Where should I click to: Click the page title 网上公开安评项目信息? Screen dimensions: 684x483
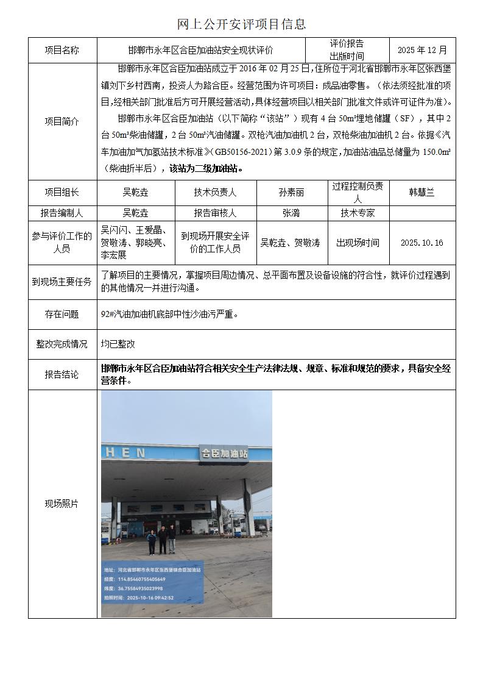241,24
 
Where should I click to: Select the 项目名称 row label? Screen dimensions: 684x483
62,50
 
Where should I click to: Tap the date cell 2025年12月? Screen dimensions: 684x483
422,50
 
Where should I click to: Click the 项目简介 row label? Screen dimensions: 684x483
62,121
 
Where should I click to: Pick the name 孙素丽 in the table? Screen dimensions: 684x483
291,192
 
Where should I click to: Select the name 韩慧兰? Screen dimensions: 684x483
421,192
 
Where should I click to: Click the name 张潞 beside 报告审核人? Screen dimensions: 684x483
291,213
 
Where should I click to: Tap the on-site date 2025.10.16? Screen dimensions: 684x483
421,243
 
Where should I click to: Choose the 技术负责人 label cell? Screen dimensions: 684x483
215,192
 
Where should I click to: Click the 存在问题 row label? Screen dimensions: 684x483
62,315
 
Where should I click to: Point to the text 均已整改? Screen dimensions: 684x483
118,344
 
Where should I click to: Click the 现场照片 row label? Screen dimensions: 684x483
62,504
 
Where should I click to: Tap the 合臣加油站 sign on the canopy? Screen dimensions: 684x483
224,453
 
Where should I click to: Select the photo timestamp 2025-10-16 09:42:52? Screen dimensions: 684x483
149,598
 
